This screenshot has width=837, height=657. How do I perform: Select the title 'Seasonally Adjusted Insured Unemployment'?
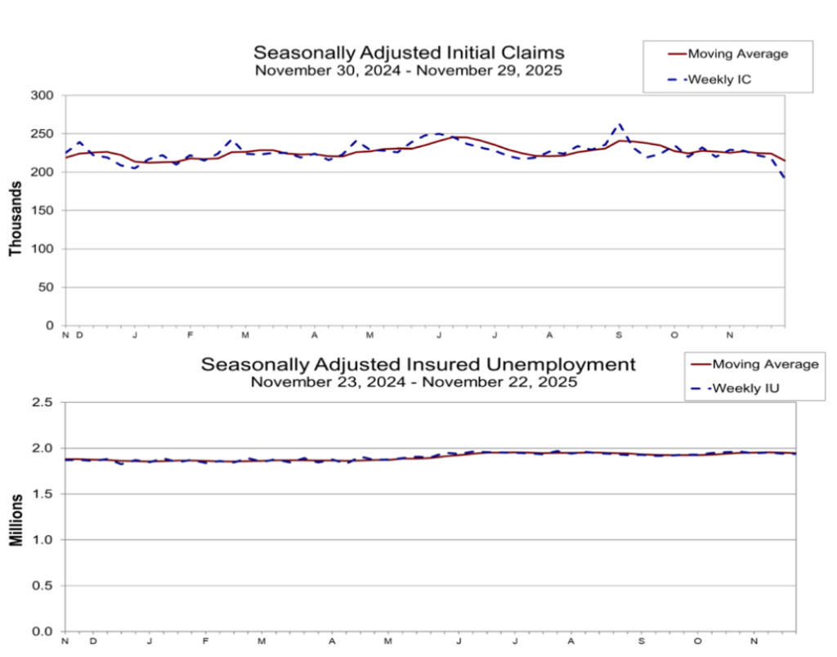418,364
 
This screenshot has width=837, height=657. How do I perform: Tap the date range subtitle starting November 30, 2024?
408,71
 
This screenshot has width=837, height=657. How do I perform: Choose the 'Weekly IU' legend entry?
744,387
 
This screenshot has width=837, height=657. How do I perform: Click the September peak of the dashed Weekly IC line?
620,125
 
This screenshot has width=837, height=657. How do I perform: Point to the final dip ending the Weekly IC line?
784,177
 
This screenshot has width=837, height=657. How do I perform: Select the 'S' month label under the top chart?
619,334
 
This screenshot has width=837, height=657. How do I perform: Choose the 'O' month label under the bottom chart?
698,641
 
